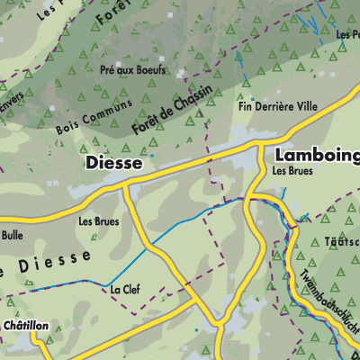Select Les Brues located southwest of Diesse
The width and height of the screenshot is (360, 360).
point(98,220)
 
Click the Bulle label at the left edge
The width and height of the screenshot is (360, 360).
point(12,236)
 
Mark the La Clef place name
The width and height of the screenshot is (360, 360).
point(124,290)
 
